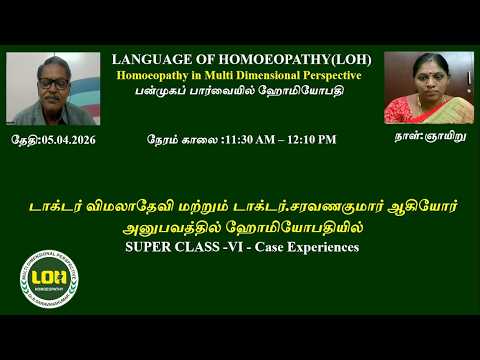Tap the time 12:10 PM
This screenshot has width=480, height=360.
tap(313, 140)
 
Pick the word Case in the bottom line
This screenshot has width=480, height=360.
tap(270, 246)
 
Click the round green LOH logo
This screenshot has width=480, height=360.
tap(49, 277)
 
